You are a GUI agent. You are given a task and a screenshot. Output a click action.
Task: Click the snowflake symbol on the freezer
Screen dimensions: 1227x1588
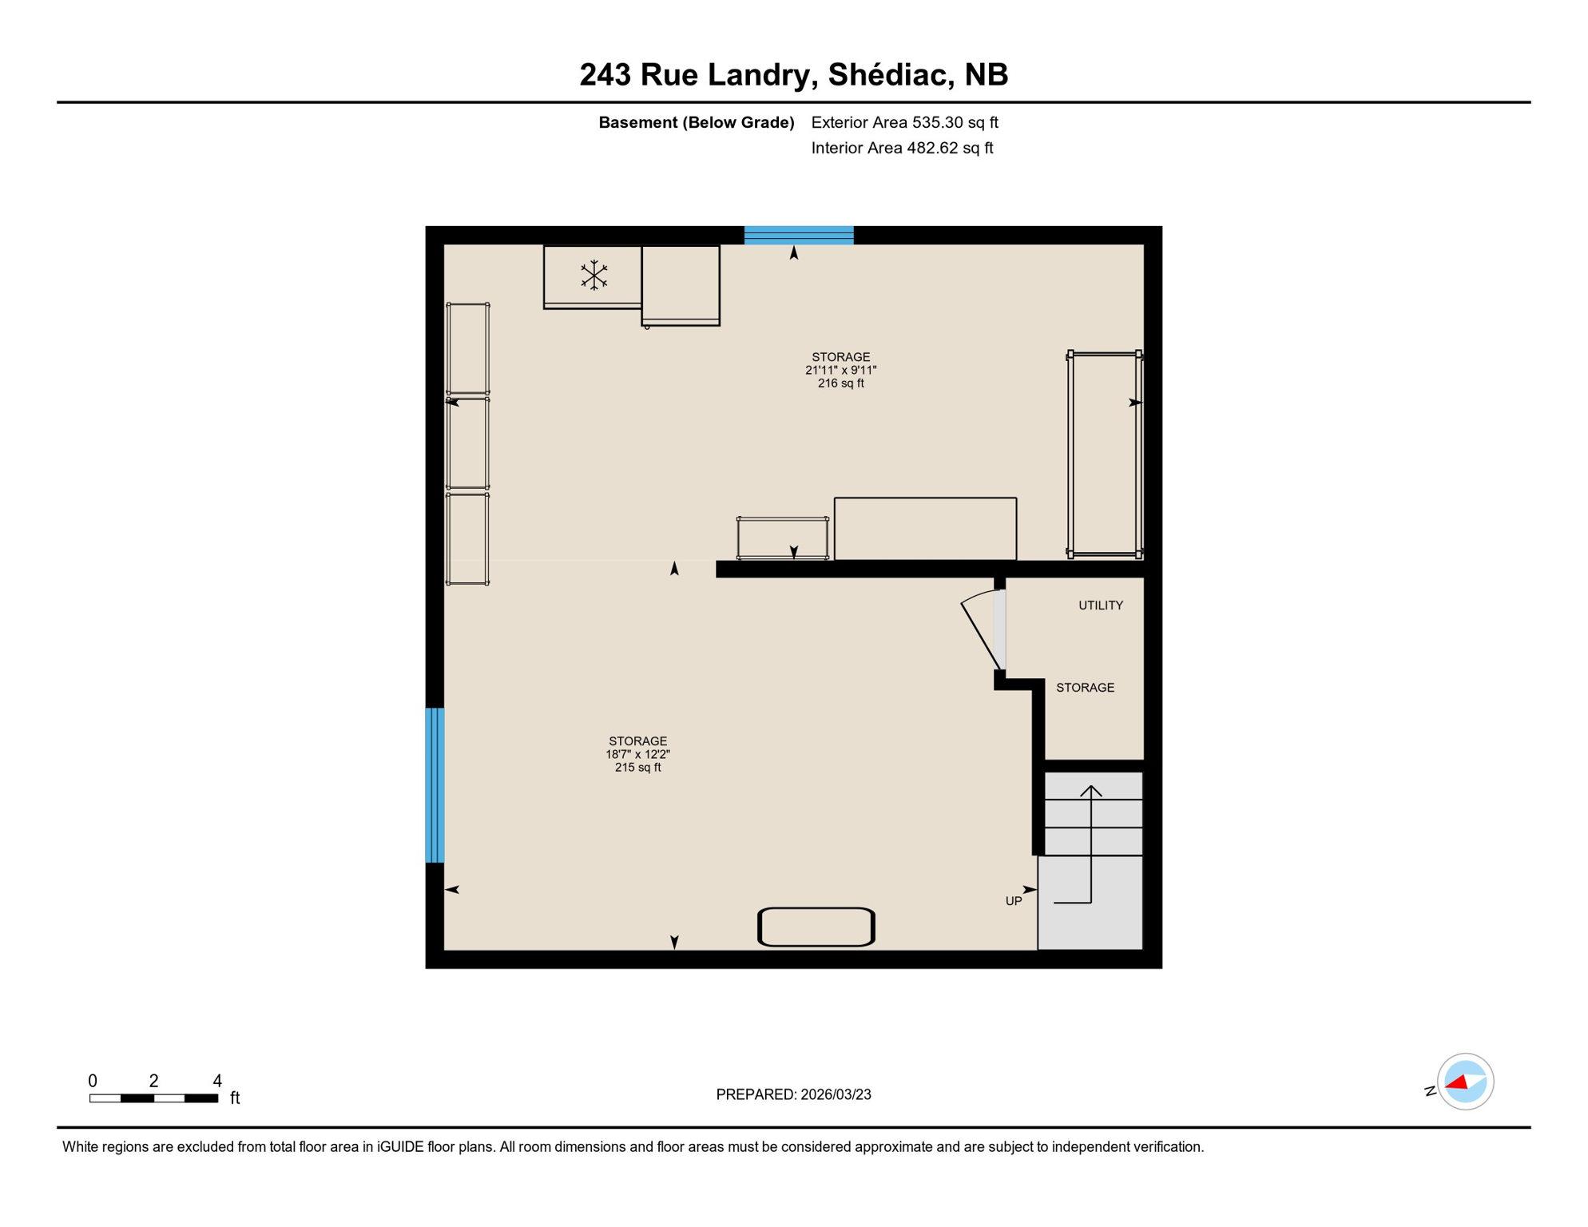[594, 275]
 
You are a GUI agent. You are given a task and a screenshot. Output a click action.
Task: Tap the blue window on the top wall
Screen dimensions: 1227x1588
[799, 235]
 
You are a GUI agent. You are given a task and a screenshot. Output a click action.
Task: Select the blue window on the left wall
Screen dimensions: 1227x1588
[435, 784]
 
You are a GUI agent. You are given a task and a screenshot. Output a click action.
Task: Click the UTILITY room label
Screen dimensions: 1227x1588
[1100, 606]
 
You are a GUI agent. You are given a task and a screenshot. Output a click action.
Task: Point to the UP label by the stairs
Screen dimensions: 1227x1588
[1013, 901]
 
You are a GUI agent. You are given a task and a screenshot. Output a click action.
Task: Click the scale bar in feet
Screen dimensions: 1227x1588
[153, 1098]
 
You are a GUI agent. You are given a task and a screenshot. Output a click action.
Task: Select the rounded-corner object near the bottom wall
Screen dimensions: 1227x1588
[816, 927]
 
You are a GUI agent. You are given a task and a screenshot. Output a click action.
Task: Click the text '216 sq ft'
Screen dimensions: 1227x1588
[840, 383]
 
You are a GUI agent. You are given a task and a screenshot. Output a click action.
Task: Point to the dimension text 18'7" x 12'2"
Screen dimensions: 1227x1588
[637, 754]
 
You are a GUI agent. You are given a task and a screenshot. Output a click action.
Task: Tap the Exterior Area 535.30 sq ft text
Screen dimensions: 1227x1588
[904, 123]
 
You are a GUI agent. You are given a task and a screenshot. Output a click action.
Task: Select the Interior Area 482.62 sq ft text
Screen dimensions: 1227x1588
[902, 148]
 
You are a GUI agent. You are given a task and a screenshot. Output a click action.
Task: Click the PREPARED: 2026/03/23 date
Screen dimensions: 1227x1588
[793, 1094]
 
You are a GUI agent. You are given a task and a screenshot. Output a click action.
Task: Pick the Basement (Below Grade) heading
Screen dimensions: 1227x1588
[696, 123]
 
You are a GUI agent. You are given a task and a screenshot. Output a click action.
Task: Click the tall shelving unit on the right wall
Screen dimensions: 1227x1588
[1104, 454]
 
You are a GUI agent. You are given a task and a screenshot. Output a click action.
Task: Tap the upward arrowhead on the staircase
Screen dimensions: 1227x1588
[1091, 791]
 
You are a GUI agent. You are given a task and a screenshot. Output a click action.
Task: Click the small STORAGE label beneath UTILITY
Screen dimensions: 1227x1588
[1085, 688]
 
